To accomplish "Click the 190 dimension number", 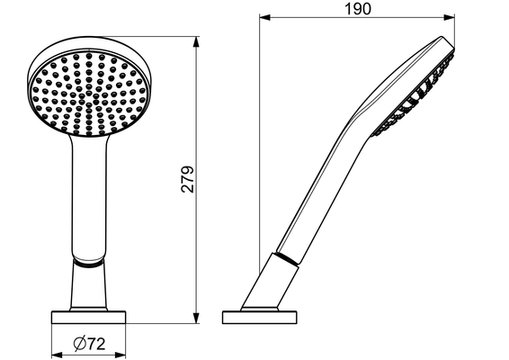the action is click(x=357, y=9).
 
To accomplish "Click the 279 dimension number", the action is click(x=187, y=179).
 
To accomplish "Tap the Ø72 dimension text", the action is click(x=90, y=344).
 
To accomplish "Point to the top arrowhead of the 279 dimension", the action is click(x=196, y=42).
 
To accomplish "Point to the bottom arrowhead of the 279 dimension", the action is click(x=196, y=318).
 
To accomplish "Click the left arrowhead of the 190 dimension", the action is click(x=265, y=17).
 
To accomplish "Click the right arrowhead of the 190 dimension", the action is click(x=448, y=17).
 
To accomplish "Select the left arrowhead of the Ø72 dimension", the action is click(x=58, y=355).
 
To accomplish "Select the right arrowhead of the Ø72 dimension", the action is click(x=119, y=355).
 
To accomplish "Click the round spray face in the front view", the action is click(x=89, y=93).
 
